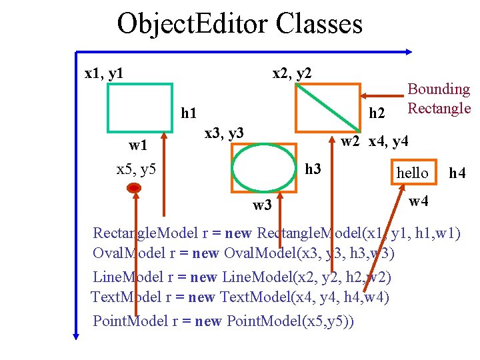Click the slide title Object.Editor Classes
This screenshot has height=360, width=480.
click(240, 24)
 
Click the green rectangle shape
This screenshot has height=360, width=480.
click(139, 85)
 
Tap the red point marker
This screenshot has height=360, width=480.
click(134, 189)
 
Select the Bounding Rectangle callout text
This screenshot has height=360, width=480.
click(439, 98)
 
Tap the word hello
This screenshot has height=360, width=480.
click(413, 173)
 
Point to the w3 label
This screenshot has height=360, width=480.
click(262, 205)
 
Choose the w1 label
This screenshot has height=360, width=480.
click(138, 145)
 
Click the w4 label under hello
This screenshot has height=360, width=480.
click(418, 201)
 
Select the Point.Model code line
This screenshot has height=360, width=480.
click(223, 321)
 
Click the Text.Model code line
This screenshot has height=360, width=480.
click(240, 297)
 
